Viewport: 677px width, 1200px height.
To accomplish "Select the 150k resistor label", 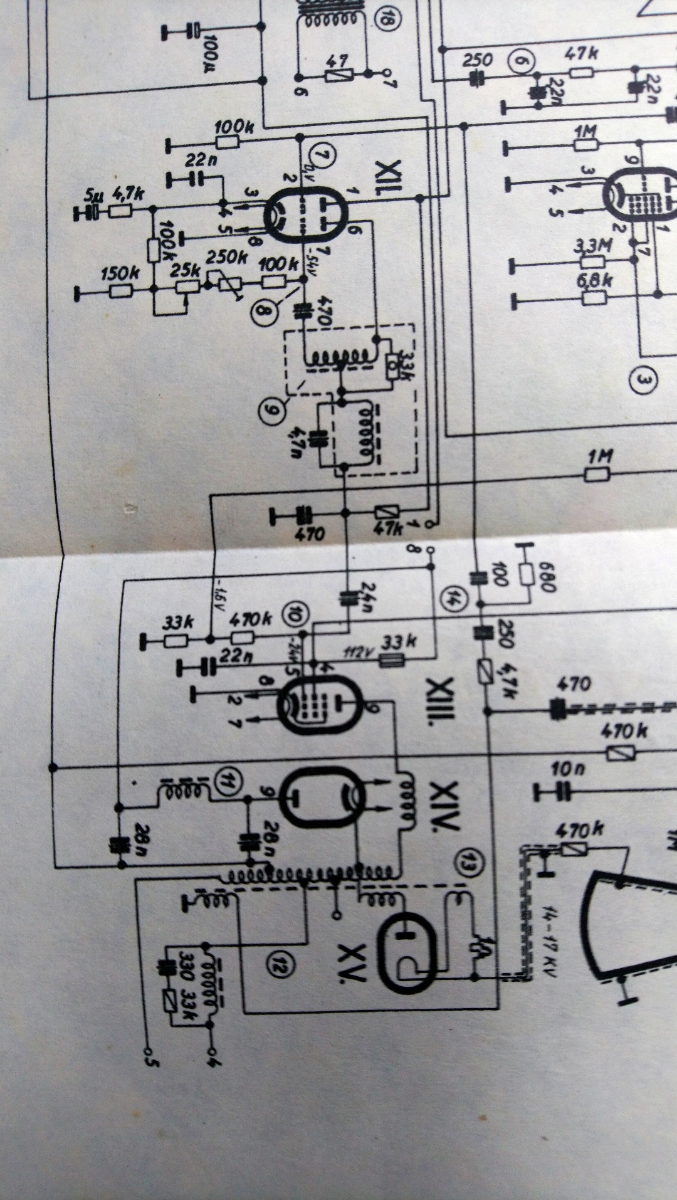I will pos(119,273).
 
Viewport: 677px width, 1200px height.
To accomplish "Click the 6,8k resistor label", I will pos(593,280).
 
